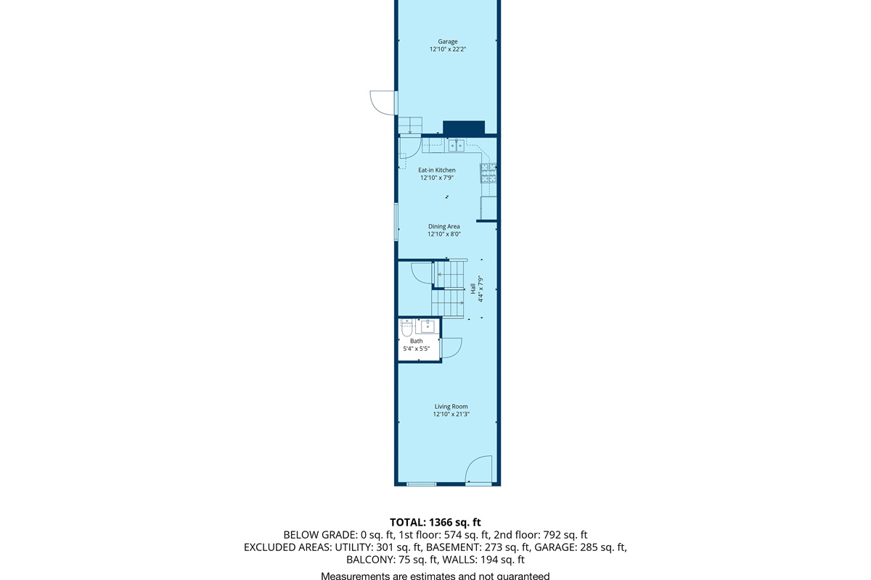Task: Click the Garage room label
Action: (447, 41)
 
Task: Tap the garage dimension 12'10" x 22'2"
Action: (447, 50)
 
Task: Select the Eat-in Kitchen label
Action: (437, 170)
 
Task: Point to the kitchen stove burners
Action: (488, 173)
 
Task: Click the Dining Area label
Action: (443, 226)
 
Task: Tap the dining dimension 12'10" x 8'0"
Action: (443, 234)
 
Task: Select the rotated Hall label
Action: (473, 289)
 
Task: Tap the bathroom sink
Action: (428, 326)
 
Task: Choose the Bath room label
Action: (416, 341)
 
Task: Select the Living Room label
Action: (451, 407)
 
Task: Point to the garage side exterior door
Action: (382, 102)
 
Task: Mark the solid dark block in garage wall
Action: (463, 128)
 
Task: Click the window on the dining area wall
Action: (396, 222)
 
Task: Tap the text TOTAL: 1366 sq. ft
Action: (435, 521)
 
